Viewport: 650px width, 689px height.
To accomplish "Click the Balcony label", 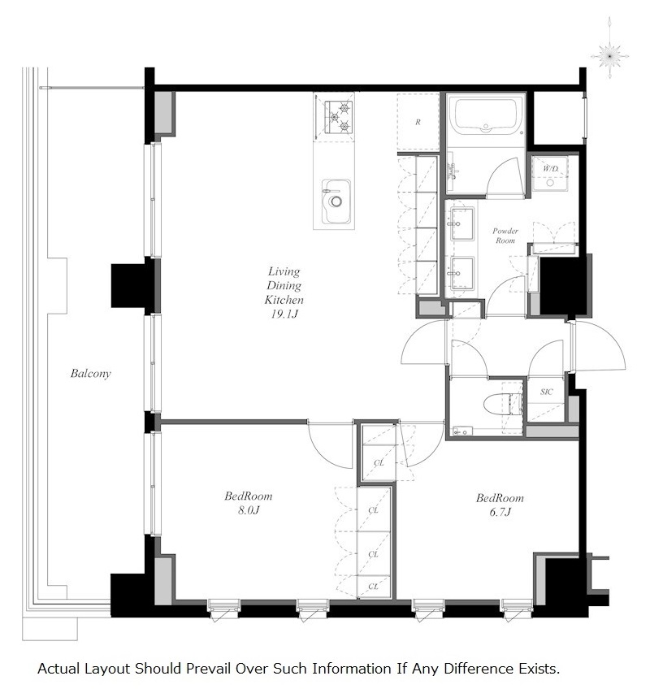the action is (x=90, y=374).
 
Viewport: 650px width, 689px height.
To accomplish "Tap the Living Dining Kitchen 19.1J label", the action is (x=284, y=292).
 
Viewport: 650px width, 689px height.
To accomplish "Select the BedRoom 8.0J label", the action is (x=249, y=503).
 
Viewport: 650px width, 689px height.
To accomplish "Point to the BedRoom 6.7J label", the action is (x=500, y=505).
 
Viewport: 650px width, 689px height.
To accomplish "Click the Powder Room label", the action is (x=505, y=236).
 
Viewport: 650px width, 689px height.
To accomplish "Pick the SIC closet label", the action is (x=546, y=392).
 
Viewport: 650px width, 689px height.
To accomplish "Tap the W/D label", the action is (x=550, y=168).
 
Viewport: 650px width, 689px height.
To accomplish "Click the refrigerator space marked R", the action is (x=418, y=122).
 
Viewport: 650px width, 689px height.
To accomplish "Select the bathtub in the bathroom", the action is (x=486, y=116).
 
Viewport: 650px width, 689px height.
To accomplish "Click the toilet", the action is (x=503, y=404).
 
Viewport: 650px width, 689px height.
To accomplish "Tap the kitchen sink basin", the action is (x=336, y=201).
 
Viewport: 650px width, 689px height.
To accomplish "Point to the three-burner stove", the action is (x=338, y=117).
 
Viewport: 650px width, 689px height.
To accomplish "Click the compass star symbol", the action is (x=609, y=56).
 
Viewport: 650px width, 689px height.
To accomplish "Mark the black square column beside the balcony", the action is (x=128, y=286).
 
